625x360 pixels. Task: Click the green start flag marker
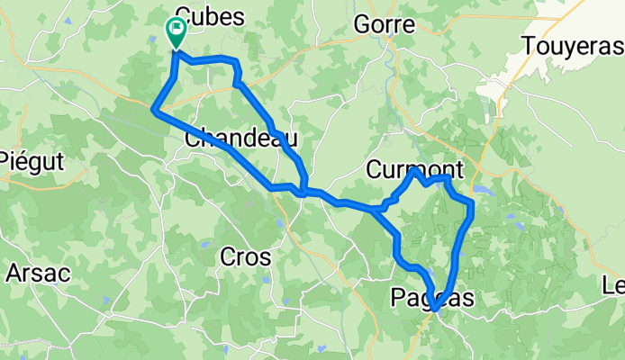coord(175,32)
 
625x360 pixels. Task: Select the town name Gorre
coord(385,24)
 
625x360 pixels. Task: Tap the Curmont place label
coord(415,169)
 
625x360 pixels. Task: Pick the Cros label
coord(245,256)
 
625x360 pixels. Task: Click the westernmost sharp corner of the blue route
coord(153,110)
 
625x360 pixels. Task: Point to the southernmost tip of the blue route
coord(434,310)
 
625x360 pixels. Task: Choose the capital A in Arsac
coord(14,272)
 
